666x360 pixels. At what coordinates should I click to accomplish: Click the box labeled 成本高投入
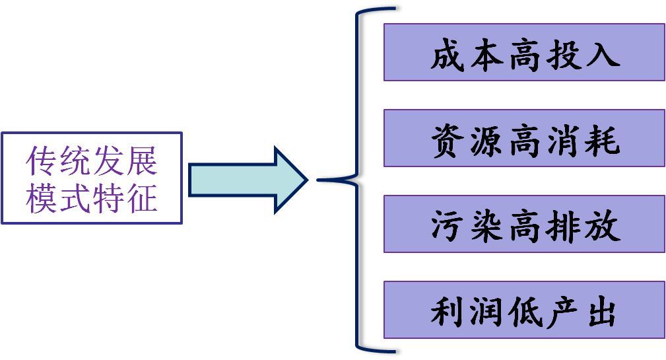(524, 52)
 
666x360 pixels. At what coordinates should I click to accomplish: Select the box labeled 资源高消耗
(524, 138)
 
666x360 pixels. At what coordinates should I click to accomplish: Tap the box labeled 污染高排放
(524, 224)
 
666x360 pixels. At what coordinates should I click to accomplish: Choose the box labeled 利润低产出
(524, 310)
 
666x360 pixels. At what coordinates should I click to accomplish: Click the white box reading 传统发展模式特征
(91, 178)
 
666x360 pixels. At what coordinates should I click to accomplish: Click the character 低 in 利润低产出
(525, 312)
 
